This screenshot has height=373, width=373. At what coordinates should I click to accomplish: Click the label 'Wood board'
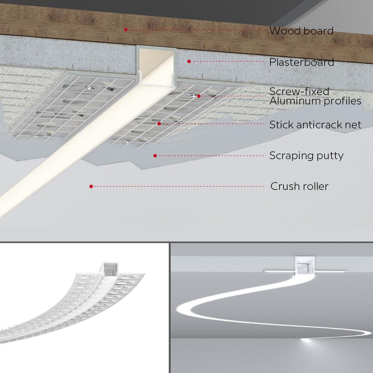coord(301,31)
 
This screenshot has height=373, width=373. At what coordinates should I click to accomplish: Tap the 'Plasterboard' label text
coord(302,62)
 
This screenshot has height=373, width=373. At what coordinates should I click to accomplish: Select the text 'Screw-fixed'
coord(299,91)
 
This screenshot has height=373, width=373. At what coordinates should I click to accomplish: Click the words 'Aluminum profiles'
coord(315,101)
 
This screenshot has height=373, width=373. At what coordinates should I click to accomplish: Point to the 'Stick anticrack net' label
coord(315,125)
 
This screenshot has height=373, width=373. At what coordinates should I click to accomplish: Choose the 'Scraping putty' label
coord(306,155)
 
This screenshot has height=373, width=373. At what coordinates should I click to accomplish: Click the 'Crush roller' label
coord(299,186)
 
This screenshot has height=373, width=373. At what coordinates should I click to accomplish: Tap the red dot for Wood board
coord(126,30)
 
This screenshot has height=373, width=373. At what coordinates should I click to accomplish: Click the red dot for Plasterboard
coord(189,62)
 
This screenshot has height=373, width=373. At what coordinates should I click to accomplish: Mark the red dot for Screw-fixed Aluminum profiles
coord(199,96)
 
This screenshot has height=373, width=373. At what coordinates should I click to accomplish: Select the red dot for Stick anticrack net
coord(159,124)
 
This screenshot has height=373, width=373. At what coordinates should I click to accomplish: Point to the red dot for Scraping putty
coord(155,155)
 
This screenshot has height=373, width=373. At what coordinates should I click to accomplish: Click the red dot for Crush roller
coord(91,186)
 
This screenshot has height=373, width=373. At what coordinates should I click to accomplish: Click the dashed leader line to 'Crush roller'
coord(177,186)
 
